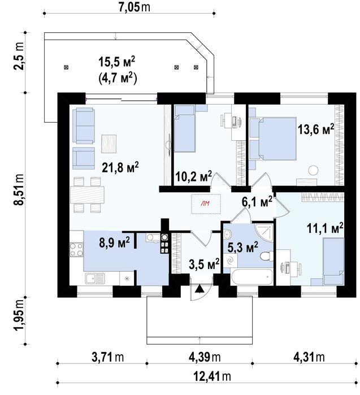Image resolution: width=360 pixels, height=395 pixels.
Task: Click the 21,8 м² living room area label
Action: (x=120, y=167)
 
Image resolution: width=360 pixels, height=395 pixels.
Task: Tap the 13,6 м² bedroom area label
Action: (x=316, y=129)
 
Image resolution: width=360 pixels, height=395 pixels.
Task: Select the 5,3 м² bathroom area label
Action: (x=242, y=248)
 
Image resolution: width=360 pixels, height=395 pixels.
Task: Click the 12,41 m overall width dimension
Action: (x=212, y=376)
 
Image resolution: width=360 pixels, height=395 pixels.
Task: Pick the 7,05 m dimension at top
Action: (x=134, y=7)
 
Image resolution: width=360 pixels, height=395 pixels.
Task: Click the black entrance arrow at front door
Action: (x=199, y=289)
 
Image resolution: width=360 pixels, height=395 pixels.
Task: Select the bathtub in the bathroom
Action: (x=251, y=277)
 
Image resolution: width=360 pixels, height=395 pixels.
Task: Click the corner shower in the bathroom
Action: (x=264, y=232)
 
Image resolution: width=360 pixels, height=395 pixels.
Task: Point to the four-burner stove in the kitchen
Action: (x=76, y=249)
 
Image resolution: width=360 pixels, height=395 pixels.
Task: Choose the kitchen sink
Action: (x=95, y=279)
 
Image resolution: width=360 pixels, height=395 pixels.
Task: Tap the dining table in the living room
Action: (x=88, y=195)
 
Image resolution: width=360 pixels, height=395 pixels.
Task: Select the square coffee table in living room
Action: (x=109, y=144)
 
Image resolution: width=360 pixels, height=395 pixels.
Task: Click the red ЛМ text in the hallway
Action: (x=205, y=203)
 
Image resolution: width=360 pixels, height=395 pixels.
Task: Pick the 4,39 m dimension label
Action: (x=205, y=357)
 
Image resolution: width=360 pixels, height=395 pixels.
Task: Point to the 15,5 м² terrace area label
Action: (x=116, y=62)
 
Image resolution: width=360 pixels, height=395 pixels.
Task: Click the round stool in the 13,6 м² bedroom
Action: (x=314, y=170)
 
